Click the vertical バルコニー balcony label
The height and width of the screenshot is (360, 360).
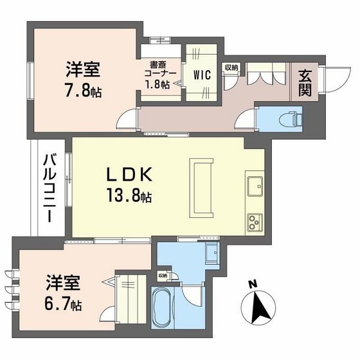[49, 187]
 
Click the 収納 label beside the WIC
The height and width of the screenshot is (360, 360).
[231, 67]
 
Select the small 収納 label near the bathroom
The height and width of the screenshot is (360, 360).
[163, 276]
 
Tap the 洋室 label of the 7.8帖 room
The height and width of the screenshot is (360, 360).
[83, 67]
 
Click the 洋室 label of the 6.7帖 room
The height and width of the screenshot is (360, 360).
[62, 281]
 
